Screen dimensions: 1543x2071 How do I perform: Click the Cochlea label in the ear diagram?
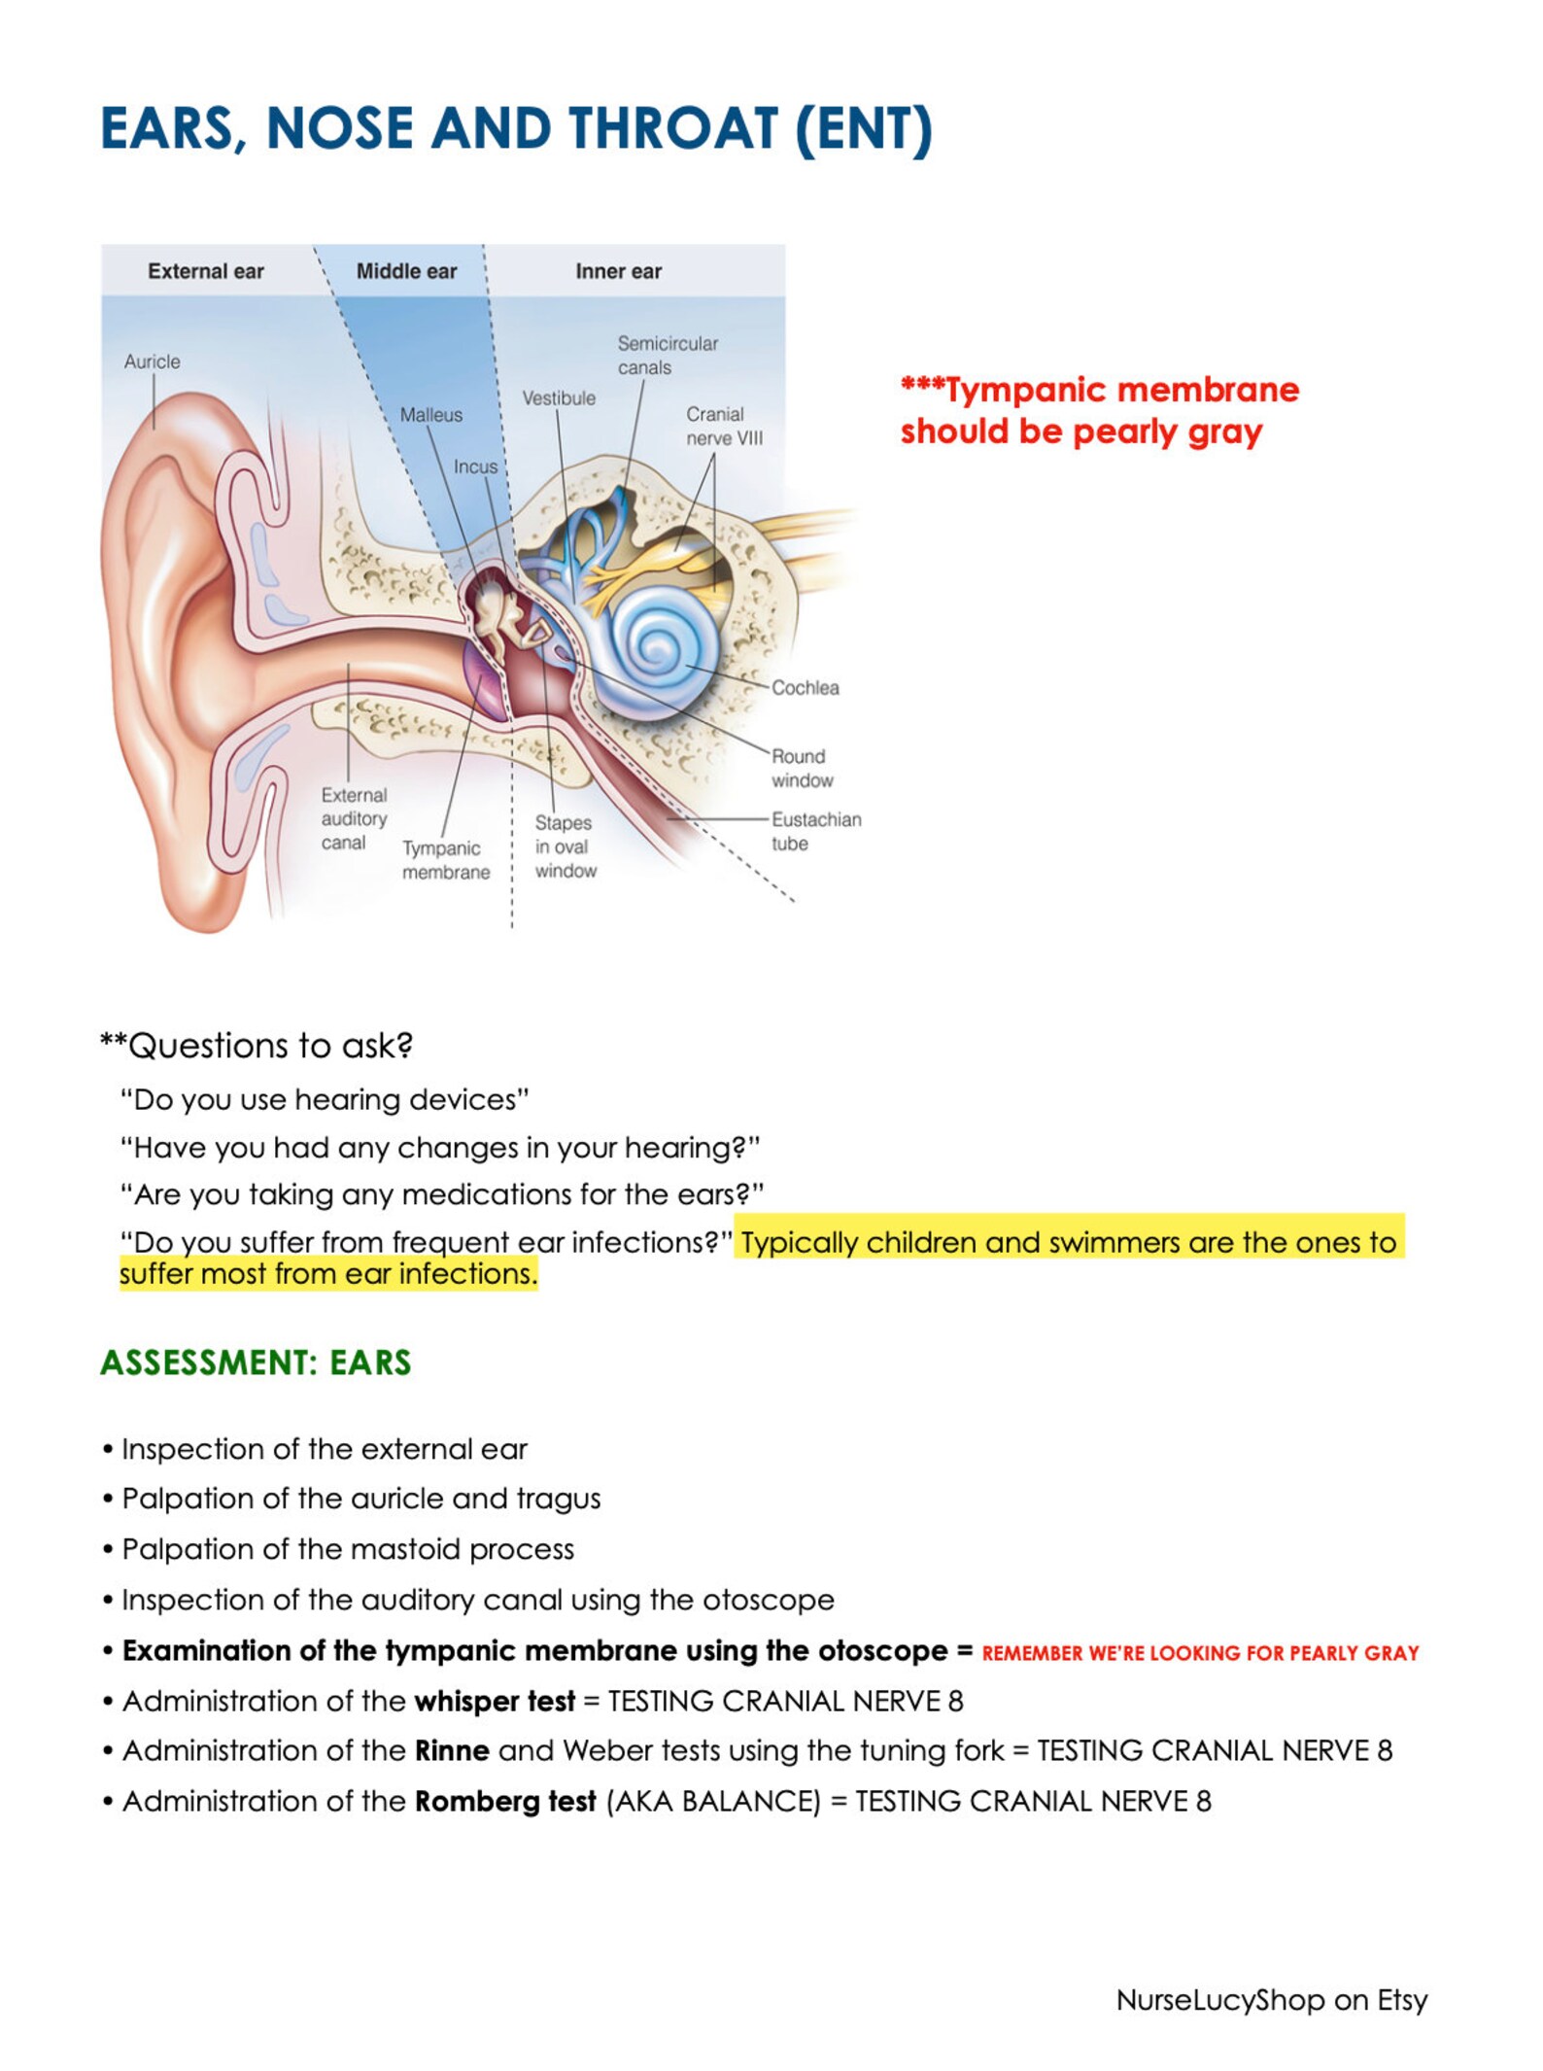pyautogui.click(x=805, y=687)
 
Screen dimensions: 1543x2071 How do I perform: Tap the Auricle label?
pyautogui.click(x=152, y=362)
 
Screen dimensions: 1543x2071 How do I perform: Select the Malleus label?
pyautogui.click(x=430, y=415)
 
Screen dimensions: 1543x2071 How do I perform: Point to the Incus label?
pyautogui.click(x=475, y=466)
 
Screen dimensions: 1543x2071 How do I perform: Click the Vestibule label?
pyautogui.click(x=559, y=398)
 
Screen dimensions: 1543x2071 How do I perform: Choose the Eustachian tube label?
pyautogui.click(x=815, y=831)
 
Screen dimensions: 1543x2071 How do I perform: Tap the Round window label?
pyautogui.click(x=802, y=768)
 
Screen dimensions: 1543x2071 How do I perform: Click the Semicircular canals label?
pyautogui.click(x=668, y=355)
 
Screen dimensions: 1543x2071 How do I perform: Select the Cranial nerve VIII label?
pyautogui.click(x=724, y=426)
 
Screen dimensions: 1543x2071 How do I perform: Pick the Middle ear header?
pyautogui.click(x=406, y=271)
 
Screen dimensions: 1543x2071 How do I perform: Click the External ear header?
pyautogui.click(x=206, y=271)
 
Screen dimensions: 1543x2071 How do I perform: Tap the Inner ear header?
pyautogui.click(x=618, y=271)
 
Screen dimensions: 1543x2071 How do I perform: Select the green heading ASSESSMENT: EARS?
pyautogui.click(x=256, y=1363)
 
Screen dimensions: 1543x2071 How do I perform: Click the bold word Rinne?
pyautogui.click(x=452, y=1750)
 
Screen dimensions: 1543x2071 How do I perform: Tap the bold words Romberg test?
pyautogui.click(x=504, y=1801)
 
